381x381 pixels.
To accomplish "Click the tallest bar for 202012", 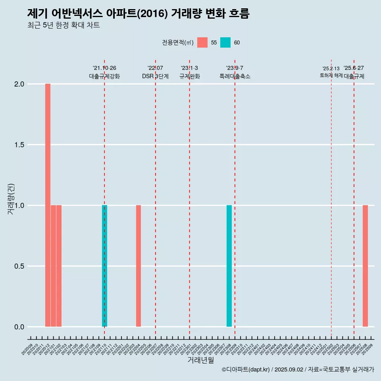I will [x=48, y=205].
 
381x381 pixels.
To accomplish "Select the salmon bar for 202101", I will [x=53, y=266].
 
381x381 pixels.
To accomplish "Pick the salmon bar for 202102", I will [x=59, y=266].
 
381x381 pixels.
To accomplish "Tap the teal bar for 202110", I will [x=104, y=266].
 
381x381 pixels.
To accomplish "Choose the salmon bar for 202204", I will [x=139, y=266].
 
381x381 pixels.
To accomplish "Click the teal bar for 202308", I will [x=229, y=266].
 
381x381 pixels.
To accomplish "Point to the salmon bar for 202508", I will [x=365, y=266].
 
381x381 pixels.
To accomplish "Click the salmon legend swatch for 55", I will [x=202, y=42].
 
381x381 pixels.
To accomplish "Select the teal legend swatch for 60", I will [x=225, y=42].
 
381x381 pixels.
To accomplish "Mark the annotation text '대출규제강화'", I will [x=104, y=76].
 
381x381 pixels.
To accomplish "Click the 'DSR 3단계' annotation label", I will [x=155, y=76].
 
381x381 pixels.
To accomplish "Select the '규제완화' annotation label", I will [x=189, y=76].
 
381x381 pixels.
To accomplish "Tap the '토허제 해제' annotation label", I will [x=331, y=75].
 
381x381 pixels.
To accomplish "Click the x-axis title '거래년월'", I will [x=201, y=360].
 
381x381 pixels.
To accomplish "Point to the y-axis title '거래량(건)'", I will [x=11, y=199].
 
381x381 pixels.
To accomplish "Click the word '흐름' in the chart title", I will [x=239, y=13].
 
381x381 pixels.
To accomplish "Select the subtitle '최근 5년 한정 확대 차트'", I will [x=63, y=25].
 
